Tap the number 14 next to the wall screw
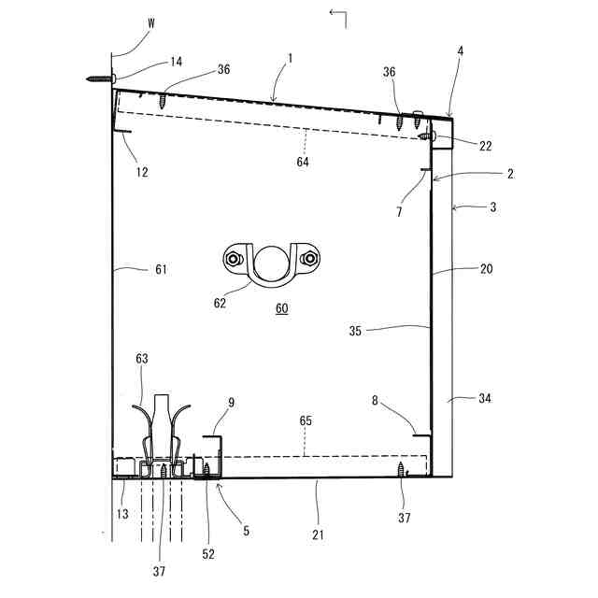[175, 62]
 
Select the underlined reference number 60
[281, 309]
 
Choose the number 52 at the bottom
[207, 554]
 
